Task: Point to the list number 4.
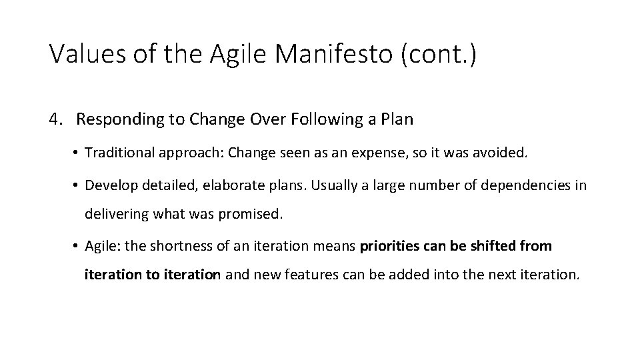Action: [x=55, y=120]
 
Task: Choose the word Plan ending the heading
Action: [x=398, y=120]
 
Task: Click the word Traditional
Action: [x=120, y=153]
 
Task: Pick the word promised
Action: [x=257, y=215]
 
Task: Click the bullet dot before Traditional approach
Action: [x=77, y=153]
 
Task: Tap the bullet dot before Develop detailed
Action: [x=77, y=186]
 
